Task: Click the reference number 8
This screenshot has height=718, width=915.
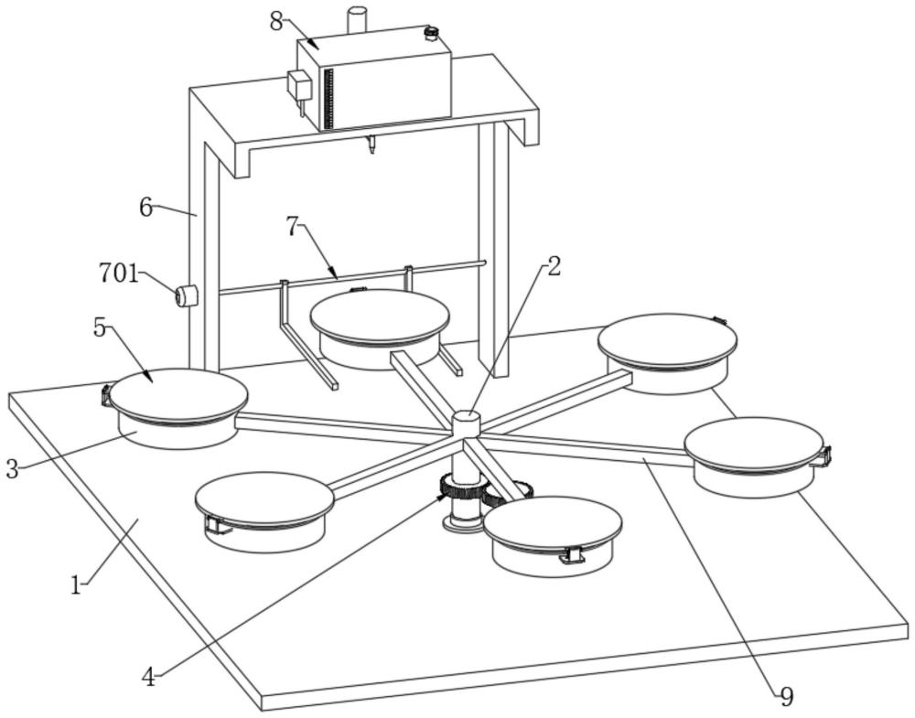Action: pyautogui.click(x=276, y=21)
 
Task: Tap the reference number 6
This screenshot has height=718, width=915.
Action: pyautogui.click(x=145, y=207)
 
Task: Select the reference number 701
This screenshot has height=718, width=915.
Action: pyautogui.click(x=119, y=273)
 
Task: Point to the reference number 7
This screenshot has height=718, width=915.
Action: pyautogui.click(x=293, y=227)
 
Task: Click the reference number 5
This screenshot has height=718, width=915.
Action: pyautogui.click(x=100, y=328)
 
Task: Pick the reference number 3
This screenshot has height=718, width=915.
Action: pyautogui.click(x=12, y=468)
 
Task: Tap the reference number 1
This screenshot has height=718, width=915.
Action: pyautogui.click(x=75, y=585)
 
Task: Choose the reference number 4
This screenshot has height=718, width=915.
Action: pyautogui.click(x=149, y=677)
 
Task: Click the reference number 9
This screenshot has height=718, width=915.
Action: pyautogui.click(x=786, y=696)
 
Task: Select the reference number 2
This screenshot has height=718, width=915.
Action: pyautogui.click(x=554, y=266)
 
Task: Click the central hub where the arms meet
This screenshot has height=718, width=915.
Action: pyautogui.click(x=466, y=423)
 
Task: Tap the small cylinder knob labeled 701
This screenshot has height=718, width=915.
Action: pyautogui.click(x=186, y=295)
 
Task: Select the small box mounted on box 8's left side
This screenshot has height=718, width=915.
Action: pyautogui.click(x=300, y=85)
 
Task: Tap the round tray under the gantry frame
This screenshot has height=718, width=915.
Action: pyautogui.click(x=380, y=329)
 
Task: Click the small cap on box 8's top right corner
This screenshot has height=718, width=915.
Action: pyautogui.click(x=431, y=34)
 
